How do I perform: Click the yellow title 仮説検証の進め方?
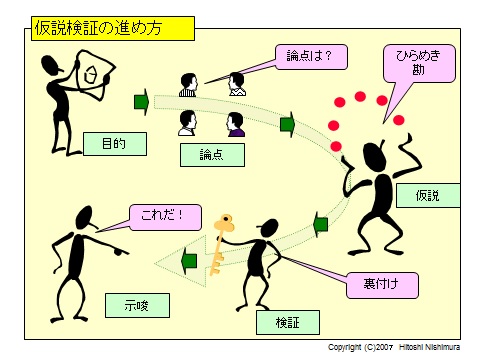113,28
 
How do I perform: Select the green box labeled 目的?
115,144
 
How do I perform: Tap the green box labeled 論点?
212,155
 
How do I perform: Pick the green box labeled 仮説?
428,195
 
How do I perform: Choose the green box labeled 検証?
288,322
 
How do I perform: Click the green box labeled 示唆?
137,305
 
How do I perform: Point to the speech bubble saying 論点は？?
311,57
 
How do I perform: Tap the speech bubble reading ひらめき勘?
419,63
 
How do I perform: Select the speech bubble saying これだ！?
165,217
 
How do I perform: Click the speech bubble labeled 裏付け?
382,285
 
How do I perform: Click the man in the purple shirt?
236,125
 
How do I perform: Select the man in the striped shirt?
188,85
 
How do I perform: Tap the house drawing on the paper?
90,74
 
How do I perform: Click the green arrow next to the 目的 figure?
141,102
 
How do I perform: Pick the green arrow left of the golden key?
189,261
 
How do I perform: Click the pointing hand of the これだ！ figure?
120,252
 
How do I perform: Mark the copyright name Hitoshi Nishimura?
429,347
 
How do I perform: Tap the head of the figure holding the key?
269,228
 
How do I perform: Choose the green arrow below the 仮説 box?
321,224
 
